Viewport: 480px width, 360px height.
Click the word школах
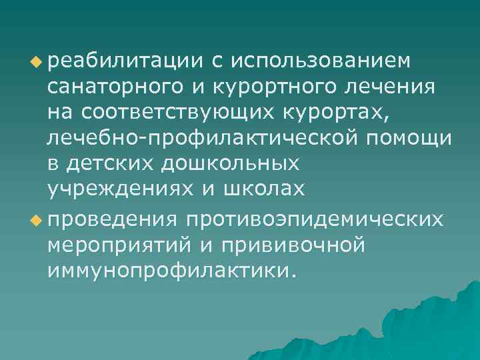tap(267, 189)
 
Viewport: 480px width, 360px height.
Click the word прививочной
tap(298, 244)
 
